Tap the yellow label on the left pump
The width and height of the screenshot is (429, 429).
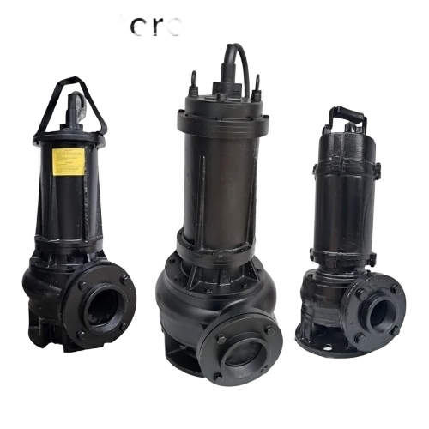[69, 160]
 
